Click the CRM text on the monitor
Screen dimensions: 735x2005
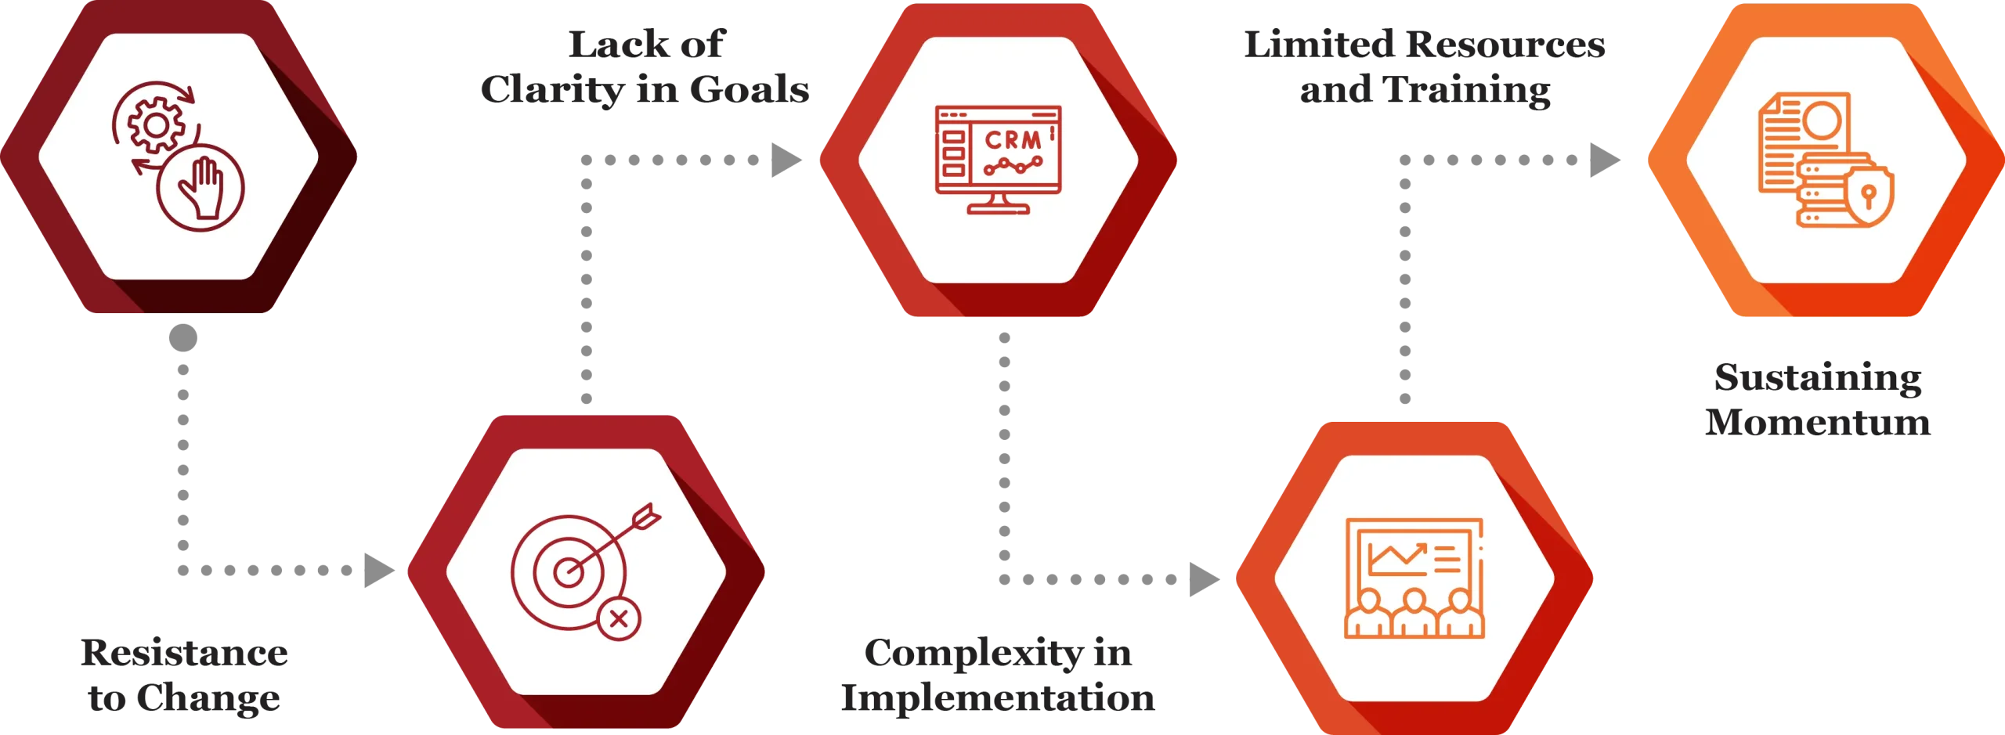coord(1013,140)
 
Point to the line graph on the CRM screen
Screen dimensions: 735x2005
coord(1013,166)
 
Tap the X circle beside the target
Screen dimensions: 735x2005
coord(619,619)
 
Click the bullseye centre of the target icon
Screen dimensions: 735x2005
coord(568,572)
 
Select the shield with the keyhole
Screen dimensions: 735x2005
coord(1869,196)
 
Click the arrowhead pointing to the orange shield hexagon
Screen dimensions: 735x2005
coord(1602,160)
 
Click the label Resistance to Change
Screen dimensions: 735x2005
coord(183,676)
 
